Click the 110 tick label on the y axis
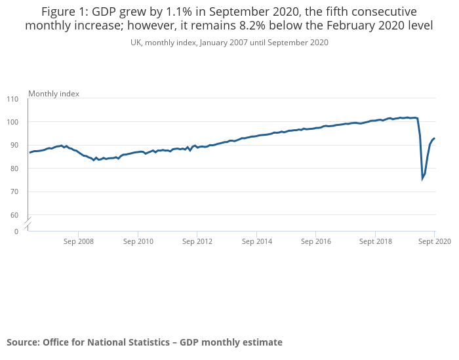[x=13, y=99]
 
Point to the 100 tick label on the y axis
[x=13, y=122]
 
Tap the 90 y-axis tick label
[x=14, y=145]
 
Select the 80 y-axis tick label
[x=14, y=169]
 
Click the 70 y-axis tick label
[x=14, y=191]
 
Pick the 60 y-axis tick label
[x=14, y=215]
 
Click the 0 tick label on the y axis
[x=16, y=231]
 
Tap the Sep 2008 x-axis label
[x=78, y=241]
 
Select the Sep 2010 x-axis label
[x=138, y=241]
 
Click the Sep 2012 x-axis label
[x=197, y=241]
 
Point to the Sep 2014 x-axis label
[x=257, y=241]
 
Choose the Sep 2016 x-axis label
[x=316, y=241]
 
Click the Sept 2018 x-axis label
[x=375, y=241]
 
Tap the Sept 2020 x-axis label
[x=434, y=241]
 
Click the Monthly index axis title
[x=54, y=94]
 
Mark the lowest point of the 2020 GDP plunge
[x=422, y=178]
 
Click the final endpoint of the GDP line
[x=435, y=138]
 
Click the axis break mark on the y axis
[x=28, y=222]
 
